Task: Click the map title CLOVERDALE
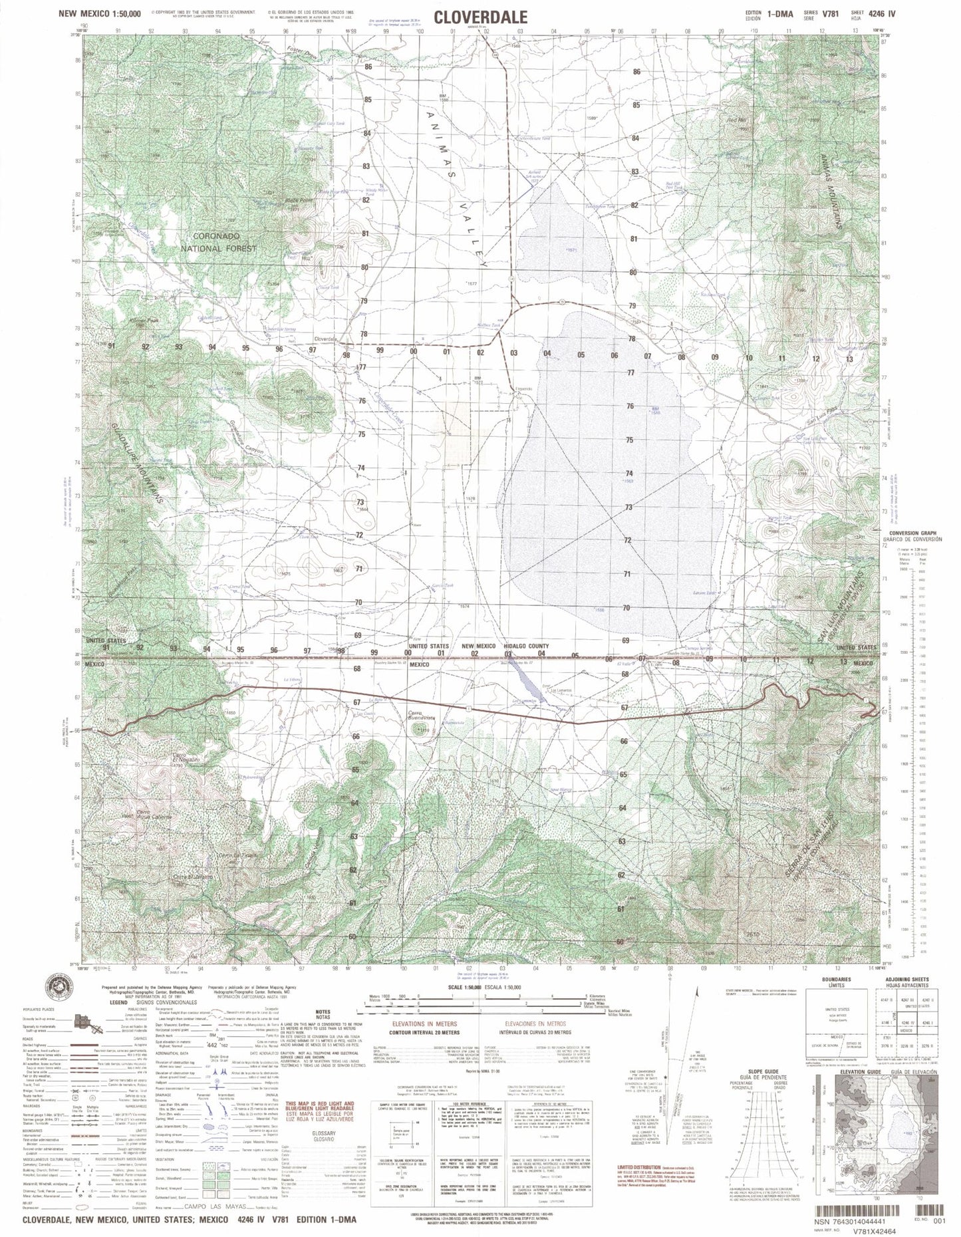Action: (481, 18)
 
